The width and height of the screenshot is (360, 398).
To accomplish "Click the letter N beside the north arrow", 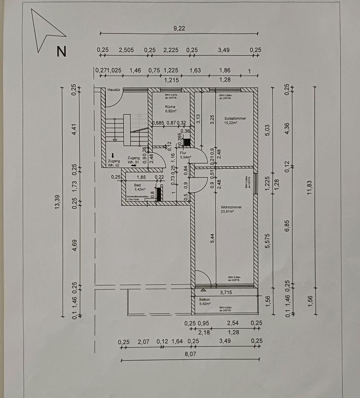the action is pos(61,51).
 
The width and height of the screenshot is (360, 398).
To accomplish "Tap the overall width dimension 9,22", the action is pos(179,28).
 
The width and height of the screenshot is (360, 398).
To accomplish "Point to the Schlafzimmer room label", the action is pos(235,118).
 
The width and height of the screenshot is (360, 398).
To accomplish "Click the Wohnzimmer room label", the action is pos(232,207).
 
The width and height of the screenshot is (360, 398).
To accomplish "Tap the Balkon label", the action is pos(205,299).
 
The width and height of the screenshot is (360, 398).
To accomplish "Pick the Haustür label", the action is pos(114,90).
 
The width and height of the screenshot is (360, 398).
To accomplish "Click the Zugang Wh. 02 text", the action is pos(114,163).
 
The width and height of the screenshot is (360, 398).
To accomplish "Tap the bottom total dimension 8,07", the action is pos(190,354).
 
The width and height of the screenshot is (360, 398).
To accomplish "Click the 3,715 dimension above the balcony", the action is pos(226,293).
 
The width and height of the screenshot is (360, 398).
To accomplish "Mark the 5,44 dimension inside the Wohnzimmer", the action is pos(212,238).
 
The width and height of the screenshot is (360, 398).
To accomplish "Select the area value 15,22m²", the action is pos(231,123).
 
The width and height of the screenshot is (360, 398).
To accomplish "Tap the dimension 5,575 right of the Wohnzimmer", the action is pos(268,241).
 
